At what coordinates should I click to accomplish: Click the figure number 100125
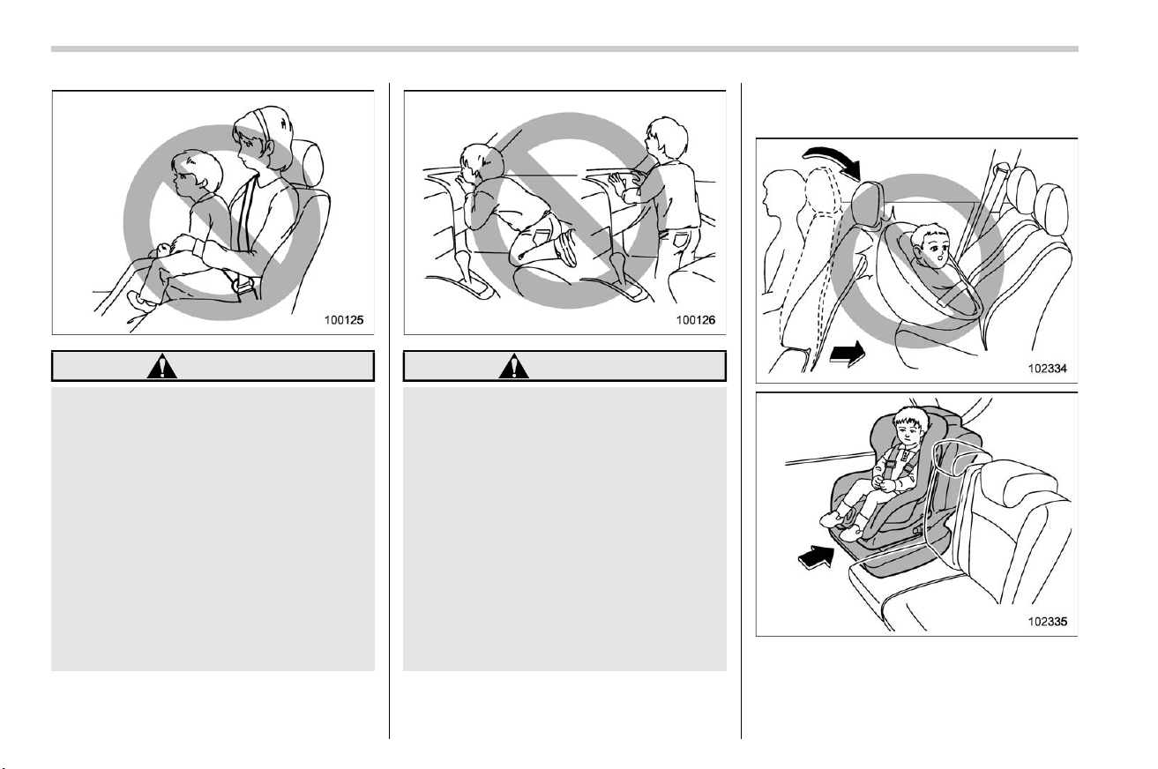pos(344,320)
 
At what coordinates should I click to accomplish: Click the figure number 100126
pos(696,320)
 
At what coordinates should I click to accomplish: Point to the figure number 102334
pos(1048,369)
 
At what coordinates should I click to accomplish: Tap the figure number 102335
pos(1048,621)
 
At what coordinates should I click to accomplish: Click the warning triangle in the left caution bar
pos(161,366)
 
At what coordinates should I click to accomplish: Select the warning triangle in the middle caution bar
pos(514,366)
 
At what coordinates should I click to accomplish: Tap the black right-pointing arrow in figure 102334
pos(848,354)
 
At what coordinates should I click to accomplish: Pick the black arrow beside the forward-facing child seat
pos(817,556)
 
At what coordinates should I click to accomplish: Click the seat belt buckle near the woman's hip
pos(243,284)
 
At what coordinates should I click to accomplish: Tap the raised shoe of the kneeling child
pos(566,247)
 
